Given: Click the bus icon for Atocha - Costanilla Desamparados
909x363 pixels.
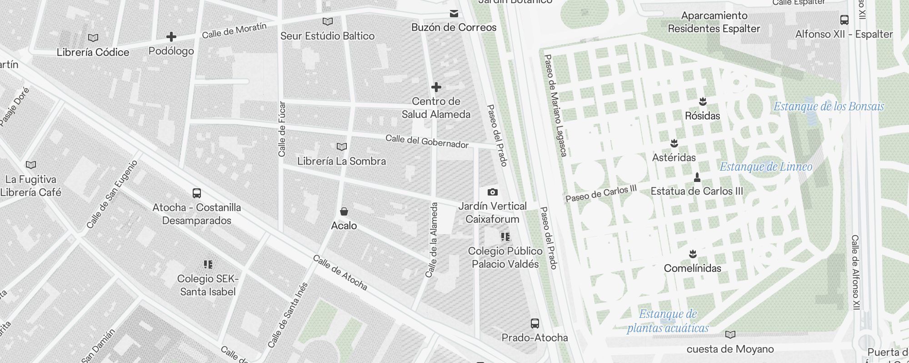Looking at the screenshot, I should [x=197, y=193].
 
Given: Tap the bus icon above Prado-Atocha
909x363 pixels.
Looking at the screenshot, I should [x=535, y=324].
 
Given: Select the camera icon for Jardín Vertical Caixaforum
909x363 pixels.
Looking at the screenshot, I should [x=492, y=192].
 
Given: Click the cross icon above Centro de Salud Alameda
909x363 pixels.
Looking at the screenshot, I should [x=436, y=87].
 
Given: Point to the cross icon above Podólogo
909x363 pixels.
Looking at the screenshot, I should [x=171, y=37].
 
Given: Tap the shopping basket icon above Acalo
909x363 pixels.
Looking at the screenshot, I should [x=344, y=211].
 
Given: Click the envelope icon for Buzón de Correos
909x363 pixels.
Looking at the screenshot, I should [x=454, y=14].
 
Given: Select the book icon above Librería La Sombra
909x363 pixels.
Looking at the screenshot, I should [x=342, y=147].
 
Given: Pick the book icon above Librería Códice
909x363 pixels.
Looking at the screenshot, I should [x=93, y=38].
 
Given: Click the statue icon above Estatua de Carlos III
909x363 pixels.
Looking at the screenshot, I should [x=697, y=177].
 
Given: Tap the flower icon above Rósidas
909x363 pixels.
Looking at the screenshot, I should [x=703, y=101].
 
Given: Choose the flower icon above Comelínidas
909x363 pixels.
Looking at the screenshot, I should [x=693, y=254].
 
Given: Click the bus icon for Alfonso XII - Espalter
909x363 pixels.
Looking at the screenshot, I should [x=844, y=20].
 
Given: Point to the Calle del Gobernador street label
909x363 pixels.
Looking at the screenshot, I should [x=427, y=142].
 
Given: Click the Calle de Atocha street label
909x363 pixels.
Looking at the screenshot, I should [x=340, y=273].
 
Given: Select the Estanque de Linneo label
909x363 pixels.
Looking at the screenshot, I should [x=766, y=167].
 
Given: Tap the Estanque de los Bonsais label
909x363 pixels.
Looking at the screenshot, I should [x=829, y=107].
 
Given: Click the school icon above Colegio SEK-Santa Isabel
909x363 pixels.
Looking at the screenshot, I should [x=208, y=265].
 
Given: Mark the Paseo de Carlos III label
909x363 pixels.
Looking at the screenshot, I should [x=601, y=194].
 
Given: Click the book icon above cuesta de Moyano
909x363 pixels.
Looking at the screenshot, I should [x=730, y=335].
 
